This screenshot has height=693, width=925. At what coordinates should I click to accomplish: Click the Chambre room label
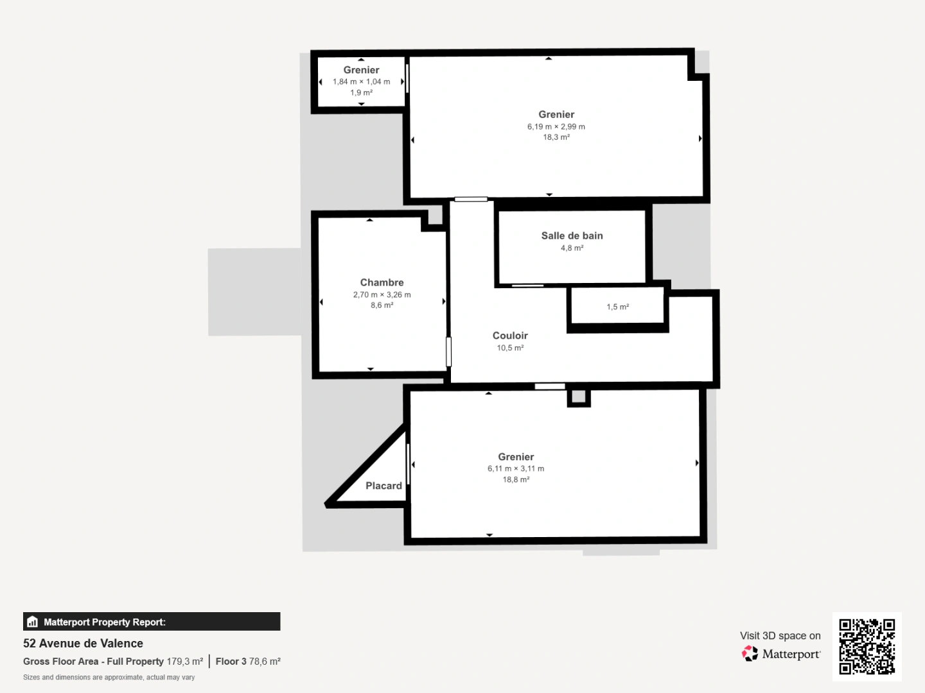click(382, 282)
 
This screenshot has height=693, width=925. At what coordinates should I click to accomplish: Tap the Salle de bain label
click(572, 235)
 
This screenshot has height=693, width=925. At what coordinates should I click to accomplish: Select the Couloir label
click(510, 336)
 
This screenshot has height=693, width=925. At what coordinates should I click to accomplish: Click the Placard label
click(383, 486)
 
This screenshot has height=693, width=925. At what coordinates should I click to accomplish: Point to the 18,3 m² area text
click(556, 137)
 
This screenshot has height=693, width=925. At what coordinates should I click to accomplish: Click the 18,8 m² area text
click(516, 479)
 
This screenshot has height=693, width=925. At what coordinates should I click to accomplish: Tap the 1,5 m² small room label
click(617, 307)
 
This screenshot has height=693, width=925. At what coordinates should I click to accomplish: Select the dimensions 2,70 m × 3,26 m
click(382, 295)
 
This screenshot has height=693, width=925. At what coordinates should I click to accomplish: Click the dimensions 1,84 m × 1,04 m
click(361, 81)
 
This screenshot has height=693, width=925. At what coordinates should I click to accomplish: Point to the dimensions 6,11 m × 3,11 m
click(516, 468)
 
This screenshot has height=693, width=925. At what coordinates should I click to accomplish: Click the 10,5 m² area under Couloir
click(510, 348)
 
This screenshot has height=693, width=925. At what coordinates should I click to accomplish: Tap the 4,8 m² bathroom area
click(572, 248)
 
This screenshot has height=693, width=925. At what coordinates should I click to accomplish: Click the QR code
click(867, 646)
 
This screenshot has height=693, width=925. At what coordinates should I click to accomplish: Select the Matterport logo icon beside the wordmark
click(750, 653)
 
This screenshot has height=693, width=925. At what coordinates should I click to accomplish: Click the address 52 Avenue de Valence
click(83, 643)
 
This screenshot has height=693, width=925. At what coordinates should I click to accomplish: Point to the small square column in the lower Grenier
click(578, 397)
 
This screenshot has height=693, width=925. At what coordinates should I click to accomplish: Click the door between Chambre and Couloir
click(448, 352)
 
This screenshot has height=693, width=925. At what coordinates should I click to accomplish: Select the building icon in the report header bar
click(33, 622)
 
